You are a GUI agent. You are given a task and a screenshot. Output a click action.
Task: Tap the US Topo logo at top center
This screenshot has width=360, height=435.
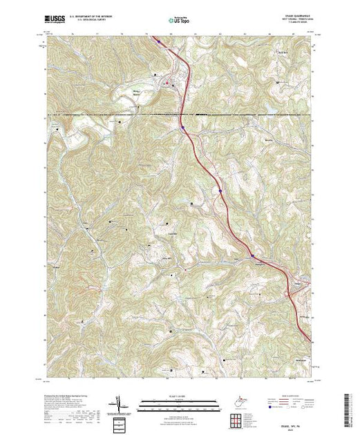(x=180, y=21)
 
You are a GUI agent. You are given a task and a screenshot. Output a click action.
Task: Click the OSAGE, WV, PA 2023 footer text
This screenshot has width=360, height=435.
(x=303, y=426)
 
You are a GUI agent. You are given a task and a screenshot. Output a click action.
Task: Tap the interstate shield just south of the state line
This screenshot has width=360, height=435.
(x=183, y=127)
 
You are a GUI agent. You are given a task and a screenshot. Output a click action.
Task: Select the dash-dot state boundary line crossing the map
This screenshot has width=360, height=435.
(x=104, y=114)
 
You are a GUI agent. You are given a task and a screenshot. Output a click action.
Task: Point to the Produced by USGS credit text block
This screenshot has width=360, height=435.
(x=69, y=400)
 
